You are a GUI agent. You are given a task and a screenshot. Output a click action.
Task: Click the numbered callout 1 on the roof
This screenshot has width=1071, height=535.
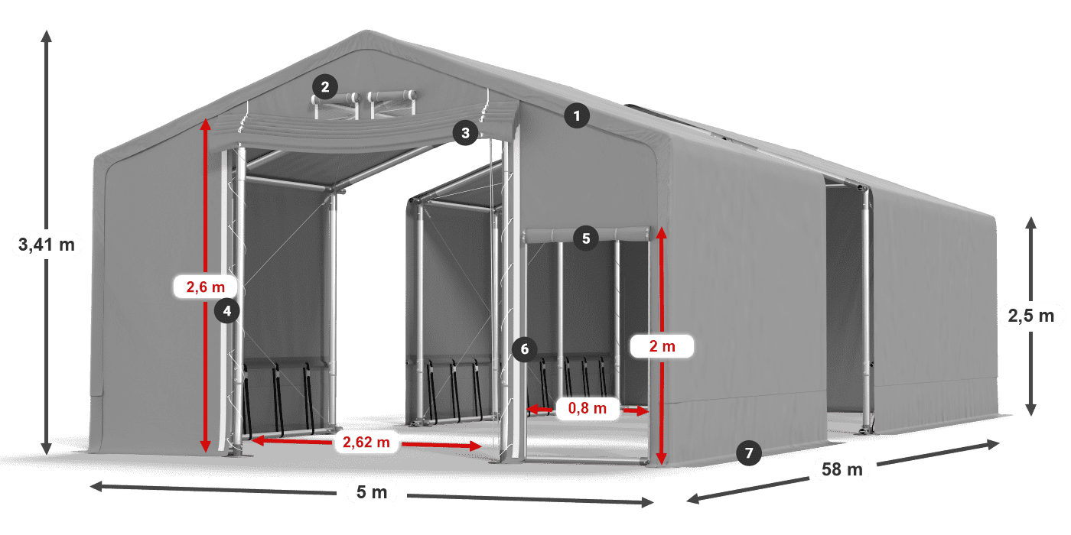[577, 116]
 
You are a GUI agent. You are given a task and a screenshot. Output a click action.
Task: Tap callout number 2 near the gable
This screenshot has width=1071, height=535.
[325, 87]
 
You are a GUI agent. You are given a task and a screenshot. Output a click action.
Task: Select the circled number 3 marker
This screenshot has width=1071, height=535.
[464, 133]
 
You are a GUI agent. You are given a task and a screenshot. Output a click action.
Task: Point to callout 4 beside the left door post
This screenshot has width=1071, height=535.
[227, 310]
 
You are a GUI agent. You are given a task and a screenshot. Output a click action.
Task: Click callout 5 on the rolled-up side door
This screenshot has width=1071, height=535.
[586, 238]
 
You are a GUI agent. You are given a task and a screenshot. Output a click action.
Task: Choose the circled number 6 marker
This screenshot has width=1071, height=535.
[524, 349]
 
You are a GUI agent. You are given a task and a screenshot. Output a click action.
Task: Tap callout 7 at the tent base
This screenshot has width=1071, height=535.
[749, 452]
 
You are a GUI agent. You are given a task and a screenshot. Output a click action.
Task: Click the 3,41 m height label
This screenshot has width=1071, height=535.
[46, 245]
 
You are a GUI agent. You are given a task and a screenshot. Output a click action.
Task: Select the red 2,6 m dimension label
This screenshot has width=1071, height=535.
[206, 287]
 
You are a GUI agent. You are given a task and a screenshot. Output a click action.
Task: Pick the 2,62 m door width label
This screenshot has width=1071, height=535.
[366, 441]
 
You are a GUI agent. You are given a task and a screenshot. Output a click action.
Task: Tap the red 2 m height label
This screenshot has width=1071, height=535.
[662, 346]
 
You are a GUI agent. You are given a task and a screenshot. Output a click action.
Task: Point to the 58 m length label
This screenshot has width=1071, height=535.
[843, 469]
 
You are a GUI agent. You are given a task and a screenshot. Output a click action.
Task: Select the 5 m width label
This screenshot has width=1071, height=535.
[372, 492]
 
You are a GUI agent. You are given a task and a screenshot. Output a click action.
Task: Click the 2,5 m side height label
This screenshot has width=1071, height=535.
[1030, 314]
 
